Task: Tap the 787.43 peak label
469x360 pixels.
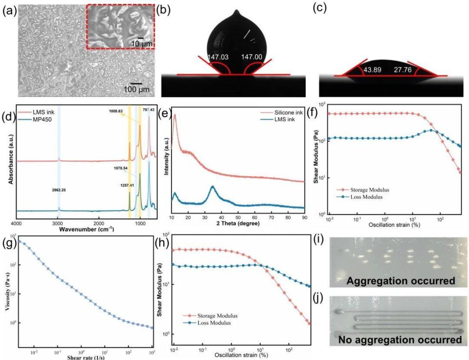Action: point(149,110)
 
